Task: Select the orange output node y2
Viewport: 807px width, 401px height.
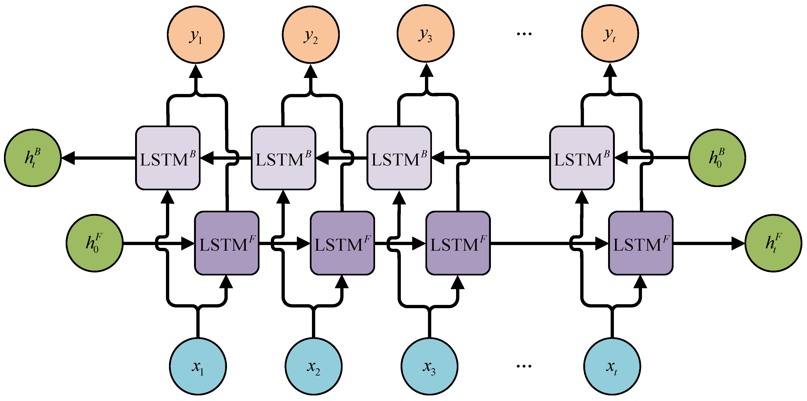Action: [x=311, y=34]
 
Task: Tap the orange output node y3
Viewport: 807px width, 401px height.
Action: [x=426, y=33]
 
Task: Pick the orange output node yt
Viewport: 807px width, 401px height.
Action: [x=610, y=33]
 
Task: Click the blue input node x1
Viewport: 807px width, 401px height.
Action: [x=198, y=366]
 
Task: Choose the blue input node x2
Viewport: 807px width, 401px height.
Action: [x=313, y=366]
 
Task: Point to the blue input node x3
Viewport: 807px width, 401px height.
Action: [x=429, y=366]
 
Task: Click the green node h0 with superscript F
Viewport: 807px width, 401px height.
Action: [x=94, y=243]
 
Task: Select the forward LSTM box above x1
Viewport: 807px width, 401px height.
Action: [x=227, y=243]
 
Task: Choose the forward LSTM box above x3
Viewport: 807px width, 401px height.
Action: [x=458, y=243]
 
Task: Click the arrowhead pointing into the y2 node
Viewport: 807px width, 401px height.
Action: [x=311, y=71]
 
